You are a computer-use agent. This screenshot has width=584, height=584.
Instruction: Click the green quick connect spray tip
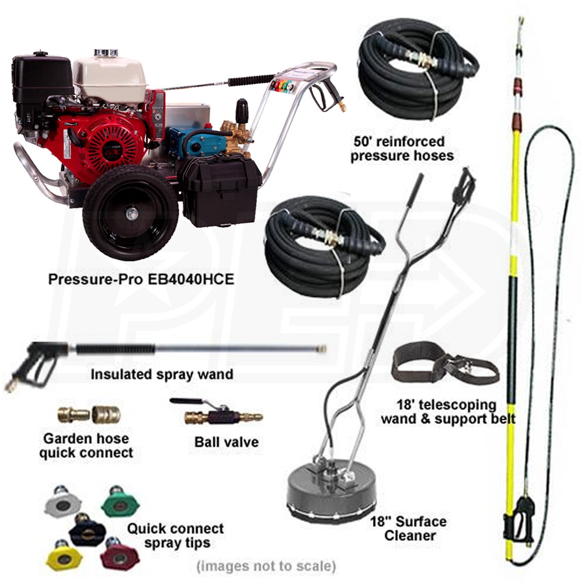click(x=120, y=501)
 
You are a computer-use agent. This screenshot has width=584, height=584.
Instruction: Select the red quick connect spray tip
click(x=120, y=554)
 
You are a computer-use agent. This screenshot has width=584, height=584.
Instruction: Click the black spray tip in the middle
click(x=87, y=530)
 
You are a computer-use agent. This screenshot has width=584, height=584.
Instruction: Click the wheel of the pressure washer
click(x=130, y=213)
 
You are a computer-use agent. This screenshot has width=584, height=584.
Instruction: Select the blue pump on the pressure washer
click(x=197, y=142)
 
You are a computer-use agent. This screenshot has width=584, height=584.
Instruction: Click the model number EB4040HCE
click(x=191, y=279)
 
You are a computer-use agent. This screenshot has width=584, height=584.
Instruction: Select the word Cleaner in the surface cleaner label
click(x=410, y=536)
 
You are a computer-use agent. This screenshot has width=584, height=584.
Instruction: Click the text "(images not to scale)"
click(x=266, y=566)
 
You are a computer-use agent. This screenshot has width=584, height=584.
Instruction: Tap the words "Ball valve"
click(x=227, y=442)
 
